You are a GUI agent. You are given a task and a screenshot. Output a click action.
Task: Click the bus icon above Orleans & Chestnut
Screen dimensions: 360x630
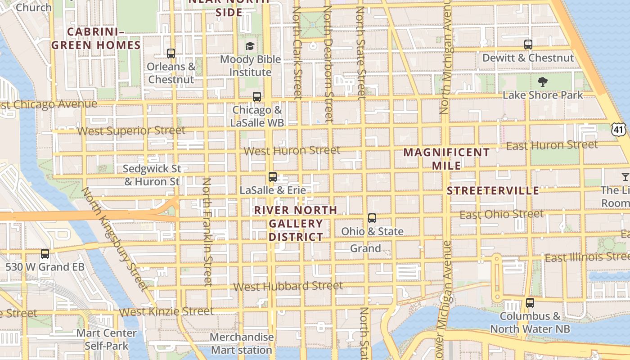click(171, 53)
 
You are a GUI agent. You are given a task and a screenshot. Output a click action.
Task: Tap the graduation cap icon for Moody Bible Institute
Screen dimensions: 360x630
click(250, 46)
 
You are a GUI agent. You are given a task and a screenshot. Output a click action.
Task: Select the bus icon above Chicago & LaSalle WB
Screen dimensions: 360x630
click(256, 96)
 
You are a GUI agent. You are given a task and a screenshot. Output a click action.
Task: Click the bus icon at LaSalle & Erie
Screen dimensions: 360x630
click(272, 176)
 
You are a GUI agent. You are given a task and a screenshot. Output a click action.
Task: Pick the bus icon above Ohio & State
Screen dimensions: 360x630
click(372, 218)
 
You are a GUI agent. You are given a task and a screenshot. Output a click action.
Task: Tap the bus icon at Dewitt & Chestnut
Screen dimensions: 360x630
click(528, 45)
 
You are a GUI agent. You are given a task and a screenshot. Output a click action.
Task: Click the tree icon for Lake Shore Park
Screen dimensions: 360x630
click(542, 81)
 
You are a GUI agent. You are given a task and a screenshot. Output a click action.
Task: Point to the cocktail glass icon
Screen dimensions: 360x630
click(625, 176)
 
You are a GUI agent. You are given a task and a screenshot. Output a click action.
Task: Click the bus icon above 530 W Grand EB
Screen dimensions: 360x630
click(45, 253)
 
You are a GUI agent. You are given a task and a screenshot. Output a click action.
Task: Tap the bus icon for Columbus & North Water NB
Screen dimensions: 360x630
click(530, 303)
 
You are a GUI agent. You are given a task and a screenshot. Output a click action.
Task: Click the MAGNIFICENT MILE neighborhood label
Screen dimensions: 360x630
click(446, 159)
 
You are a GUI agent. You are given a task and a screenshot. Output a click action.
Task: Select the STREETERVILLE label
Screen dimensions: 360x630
click(493, 191)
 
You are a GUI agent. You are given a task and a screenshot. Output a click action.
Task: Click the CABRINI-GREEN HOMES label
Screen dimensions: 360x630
click(96, 38)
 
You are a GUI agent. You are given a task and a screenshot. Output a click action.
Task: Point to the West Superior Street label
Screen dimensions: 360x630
click(131, 131)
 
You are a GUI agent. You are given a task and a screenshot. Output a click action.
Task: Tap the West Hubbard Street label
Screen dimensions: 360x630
click(288, 286)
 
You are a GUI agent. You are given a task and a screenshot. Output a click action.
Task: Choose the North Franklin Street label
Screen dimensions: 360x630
click(207, 232)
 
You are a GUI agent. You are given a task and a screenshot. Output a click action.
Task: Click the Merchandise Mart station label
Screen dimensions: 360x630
click(242, 343)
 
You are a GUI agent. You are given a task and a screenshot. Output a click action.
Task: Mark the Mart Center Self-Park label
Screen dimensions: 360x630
click(107, 339)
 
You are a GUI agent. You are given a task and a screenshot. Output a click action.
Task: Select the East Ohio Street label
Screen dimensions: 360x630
click(501, 215)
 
